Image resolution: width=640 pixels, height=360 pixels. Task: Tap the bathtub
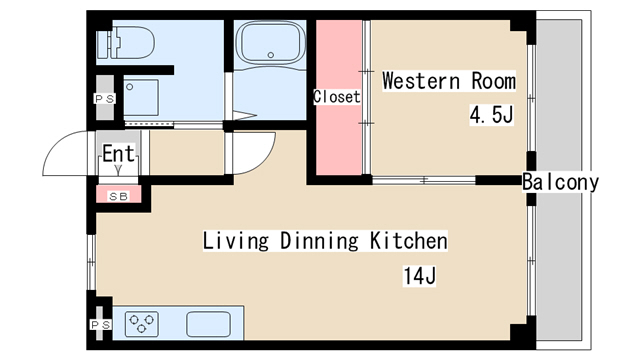point(271,42)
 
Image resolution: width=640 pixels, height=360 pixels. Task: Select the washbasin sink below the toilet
point(141,98)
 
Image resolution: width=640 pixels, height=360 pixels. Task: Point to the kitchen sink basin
point(209,324)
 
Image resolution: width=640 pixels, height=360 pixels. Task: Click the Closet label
point(337,97)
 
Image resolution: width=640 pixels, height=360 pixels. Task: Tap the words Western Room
point(449,81)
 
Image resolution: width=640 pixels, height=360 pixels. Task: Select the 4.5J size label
point(491,115)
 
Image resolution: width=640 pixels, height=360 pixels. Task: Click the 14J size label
point(420,276)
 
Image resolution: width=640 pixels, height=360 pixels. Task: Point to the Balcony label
point(560,182)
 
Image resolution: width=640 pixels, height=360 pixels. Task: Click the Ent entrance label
point(118,154)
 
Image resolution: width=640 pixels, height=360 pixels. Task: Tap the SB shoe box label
point(118,197)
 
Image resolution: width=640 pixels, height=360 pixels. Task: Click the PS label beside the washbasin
point(104,98)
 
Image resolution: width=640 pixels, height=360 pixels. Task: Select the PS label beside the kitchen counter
point(100,325)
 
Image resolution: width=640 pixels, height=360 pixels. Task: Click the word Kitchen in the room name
point(409,240)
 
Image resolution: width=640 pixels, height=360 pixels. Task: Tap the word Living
point(236,241)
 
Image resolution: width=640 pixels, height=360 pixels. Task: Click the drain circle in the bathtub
point(271,55)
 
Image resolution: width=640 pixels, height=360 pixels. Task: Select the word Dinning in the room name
point(319,241)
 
